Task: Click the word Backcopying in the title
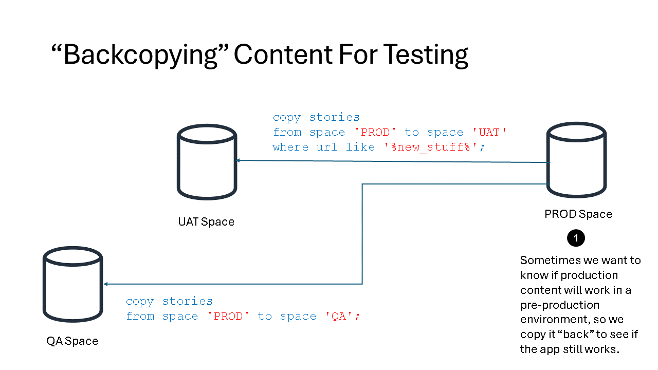[x=140, y=55]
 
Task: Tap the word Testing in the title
[x=426, y=55]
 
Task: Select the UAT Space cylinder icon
[x=207, y=162]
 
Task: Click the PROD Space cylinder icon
[x=576, y=160]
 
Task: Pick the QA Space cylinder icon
[x=73, y=284]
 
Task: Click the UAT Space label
[x=206, y=221]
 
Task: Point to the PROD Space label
[x=578, y=214]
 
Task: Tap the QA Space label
[x=72, y=341]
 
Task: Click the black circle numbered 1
[x=576, y=238]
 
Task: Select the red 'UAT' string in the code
[x=489, y=132]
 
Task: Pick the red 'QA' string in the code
[x=339, y=316]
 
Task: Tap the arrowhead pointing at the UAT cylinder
[x=238, y=160]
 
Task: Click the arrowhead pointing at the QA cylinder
[x=105, y=284]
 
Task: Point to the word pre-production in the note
[x=560, y=305]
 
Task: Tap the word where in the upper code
[x=290, y=147]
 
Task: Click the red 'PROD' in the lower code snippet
[x=228, y=316]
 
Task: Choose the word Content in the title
[x=283, y=54]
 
